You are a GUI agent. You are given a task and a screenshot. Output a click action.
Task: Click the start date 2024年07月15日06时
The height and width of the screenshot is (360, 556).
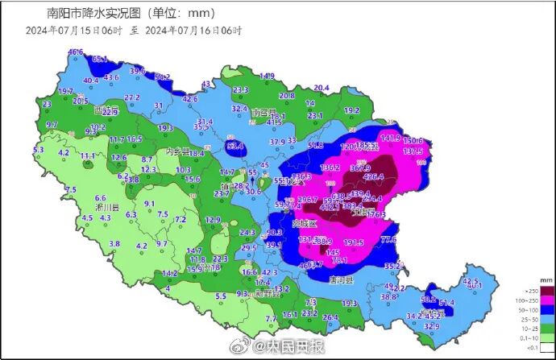coord(73,30)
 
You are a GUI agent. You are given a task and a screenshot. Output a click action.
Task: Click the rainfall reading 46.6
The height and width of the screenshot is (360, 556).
coord(75,52)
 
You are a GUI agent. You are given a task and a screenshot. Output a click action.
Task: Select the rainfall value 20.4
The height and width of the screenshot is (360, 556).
coord(322,88)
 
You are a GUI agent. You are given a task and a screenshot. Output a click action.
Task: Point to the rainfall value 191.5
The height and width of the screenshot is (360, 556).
coord(354,242)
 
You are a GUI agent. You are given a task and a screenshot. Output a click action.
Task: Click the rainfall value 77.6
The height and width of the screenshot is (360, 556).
coord(389,239)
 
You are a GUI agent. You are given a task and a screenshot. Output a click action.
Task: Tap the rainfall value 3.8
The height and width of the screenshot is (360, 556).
coord(114,243)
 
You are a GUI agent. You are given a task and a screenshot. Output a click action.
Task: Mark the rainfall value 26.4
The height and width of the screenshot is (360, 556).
coord(330,317)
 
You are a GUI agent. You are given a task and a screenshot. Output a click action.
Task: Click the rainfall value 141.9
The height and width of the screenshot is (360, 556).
coord(390,139)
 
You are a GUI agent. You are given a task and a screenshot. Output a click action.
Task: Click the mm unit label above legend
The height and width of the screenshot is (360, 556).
coord(546,279)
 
